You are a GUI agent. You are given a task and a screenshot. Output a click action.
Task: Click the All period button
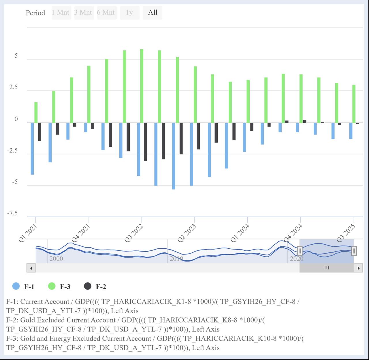tap(153, 13)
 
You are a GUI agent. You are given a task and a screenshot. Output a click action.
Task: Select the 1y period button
tap(129, 13)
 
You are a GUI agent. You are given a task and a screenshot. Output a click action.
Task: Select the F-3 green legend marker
tap(52, 286)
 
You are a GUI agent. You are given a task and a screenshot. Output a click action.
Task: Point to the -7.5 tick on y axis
tap(12, 213)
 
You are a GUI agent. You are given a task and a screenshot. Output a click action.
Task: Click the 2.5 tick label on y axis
tap(13, 87)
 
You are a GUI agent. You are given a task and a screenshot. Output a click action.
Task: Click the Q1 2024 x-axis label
tap(240, 233)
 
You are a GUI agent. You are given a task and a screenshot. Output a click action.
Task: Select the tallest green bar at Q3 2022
tap(142, 86)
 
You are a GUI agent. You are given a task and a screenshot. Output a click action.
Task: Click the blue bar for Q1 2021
tap(32, 149)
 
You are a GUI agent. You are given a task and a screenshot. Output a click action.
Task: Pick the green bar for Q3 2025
tap(354, 104)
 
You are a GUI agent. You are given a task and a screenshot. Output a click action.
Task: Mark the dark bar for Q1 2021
tap(39, 132)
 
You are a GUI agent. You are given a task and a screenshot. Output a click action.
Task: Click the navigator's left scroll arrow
tap(31, 268)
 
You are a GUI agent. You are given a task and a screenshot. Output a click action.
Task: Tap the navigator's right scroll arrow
tap(358, 268)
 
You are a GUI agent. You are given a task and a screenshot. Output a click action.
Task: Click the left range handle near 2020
tap(300, 251)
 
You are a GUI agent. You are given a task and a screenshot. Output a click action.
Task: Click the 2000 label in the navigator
tap(56, 258)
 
